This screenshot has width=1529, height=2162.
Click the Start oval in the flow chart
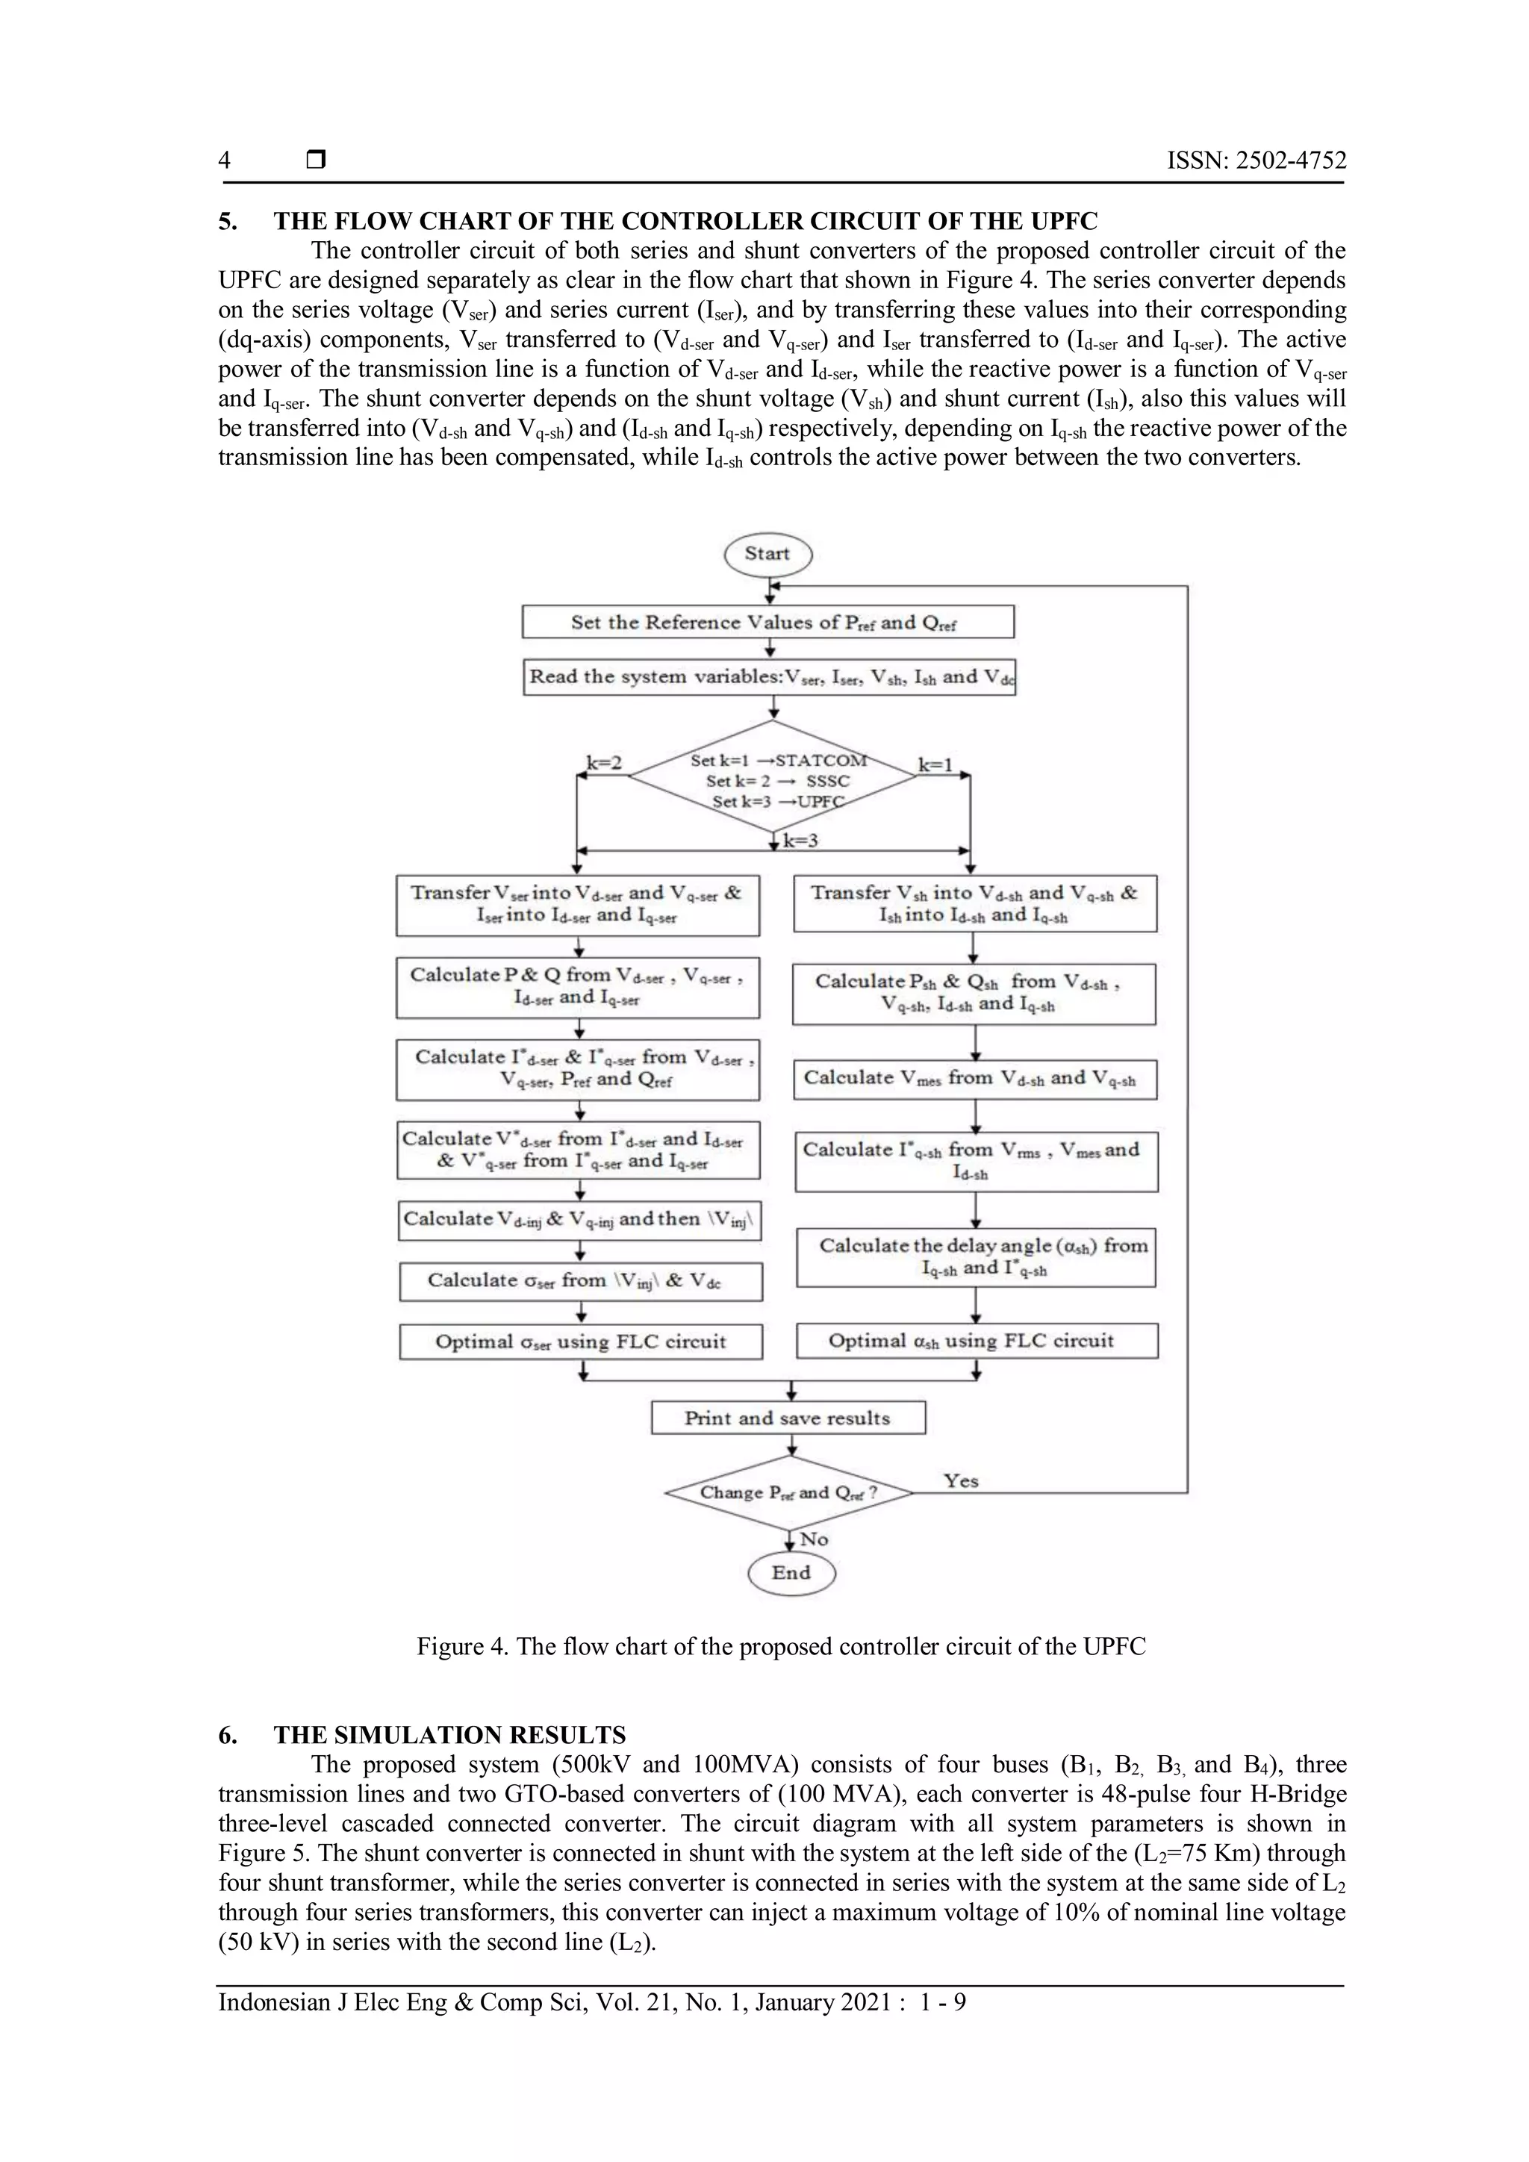tap(767, 554)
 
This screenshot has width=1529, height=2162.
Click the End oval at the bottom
tap(791, 1572)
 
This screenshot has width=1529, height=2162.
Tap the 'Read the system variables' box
tap(769, 677)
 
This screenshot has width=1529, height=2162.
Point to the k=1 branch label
tap(936, 764)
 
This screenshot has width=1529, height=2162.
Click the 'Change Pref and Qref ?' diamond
tap(788, 1493)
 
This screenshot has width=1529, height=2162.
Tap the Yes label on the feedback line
tap(962, 1481)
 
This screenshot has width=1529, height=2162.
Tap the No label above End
tap(814, 1539)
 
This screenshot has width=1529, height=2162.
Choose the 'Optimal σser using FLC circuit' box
tap(581, 1342)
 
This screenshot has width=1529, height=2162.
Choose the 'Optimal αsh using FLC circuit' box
tap(977, 1341)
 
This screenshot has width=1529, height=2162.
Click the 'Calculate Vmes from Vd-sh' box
tap(974, 1079)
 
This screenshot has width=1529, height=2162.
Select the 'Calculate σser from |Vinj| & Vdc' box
tap(581, 1280)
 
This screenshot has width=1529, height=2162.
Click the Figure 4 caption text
tap(782, 1647)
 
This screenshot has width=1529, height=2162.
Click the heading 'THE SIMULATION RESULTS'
tap(449, 1734)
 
